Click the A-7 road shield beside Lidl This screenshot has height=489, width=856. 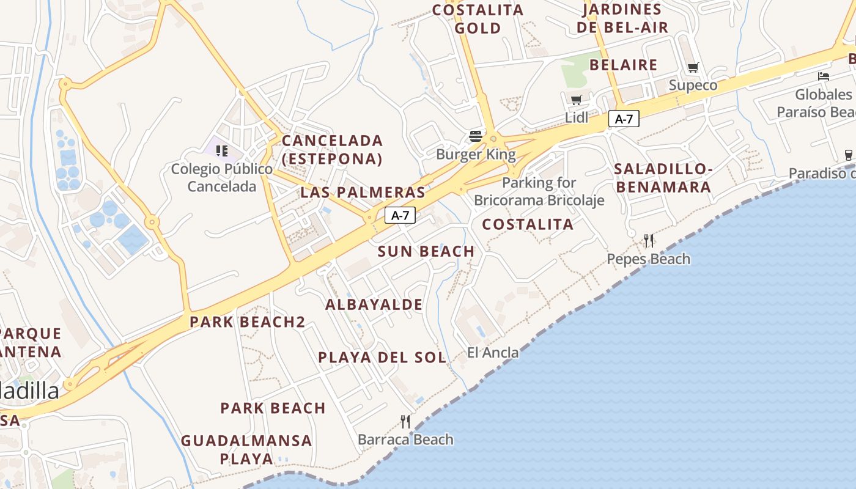tap(624, 119)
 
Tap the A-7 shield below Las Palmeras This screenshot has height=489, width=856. tap(400, 215)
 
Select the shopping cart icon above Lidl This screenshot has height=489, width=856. tap(576, 100)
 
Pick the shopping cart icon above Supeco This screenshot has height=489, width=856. tap(693, 67)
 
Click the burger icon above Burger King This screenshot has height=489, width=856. tap(476, 136)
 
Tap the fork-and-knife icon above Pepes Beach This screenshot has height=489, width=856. tap(648, 241)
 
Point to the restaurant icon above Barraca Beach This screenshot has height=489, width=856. tap(405, 421)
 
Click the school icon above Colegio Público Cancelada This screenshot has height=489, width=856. tap(221, 150)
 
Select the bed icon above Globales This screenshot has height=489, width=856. tap(824, 76)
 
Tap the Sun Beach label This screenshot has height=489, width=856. tap(426, 251)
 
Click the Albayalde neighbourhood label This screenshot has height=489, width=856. tap(374, 304)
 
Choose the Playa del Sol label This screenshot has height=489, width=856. tap(382, 358)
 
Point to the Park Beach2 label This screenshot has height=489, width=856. tap(247, 322)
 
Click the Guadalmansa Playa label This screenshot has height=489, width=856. tap(246, 449)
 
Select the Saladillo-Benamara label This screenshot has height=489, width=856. tap(663, 178)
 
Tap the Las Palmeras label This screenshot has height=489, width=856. tap(363, 193)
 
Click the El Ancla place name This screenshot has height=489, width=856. tap(493, 353)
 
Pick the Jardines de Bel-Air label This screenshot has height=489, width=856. tap(622, 18)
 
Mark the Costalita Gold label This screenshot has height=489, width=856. tap(478, 19)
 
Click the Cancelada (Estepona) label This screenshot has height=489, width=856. tap(332, 150)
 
